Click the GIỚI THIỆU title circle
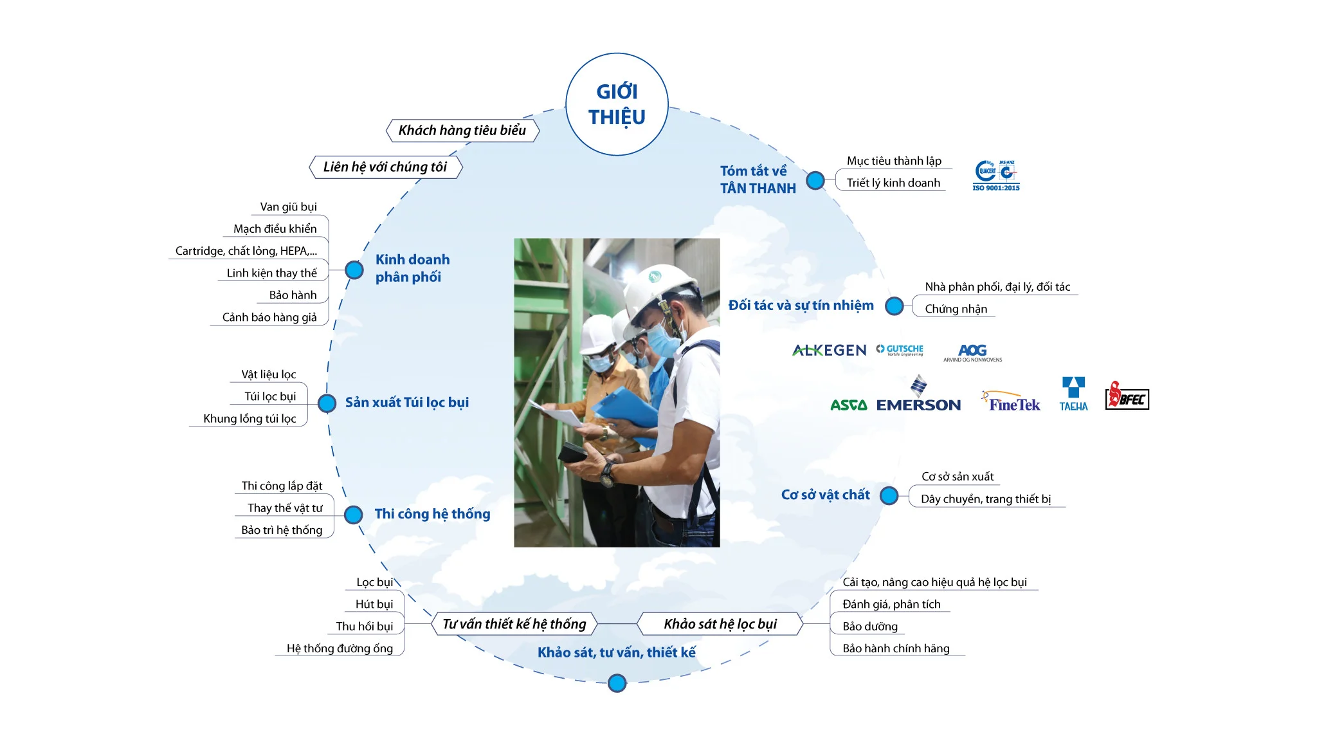617,104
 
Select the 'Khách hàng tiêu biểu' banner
462,131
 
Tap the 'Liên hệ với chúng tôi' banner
385,167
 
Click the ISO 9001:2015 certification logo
996,176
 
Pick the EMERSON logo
919,394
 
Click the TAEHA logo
1073,394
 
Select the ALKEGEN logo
830,351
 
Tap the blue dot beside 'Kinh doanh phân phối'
354,270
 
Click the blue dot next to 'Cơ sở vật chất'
889,496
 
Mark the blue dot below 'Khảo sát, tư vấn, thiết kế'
617,683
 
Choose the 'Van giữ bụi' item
288,207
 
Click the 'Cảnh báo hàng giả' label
269,318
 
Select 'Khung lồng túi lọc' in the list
250,419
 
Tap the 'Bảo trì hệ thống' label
282,531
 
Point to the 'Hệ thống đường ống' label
340,648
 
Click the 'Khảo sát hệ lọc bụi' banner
720,624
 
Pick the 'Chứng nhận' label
956,309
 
